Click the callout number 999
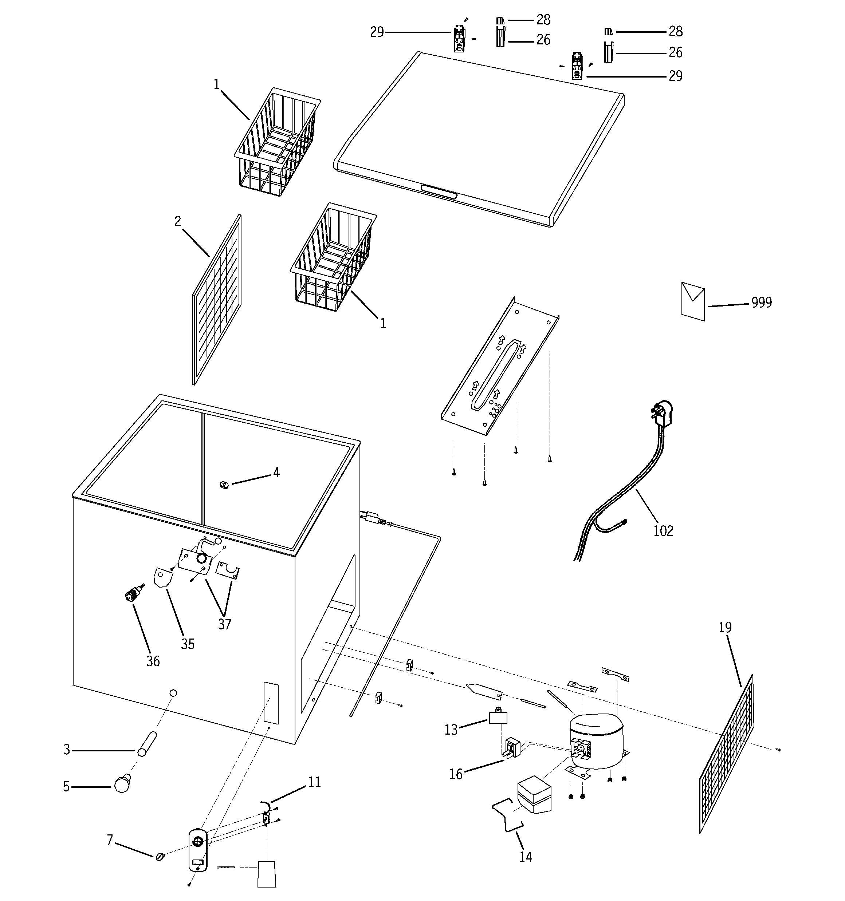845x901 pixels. coord(762,302)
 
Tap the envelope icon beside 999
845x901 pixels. coord(693,301)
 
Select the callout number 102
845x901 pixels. coord(663,531)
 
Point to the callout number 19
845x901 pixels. coord(725,627)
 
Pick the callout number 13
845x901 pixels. coord(451,729)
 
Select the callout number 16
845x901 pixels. coord(456,774)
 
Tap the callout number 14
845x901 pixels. coord(525,857)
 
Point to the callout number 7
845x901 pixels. coord(110,840)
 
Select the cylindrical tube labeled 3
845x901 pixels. coord(146,744)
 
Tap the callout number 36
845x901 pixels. coord(153,661)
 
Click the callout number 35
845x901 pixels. coord(188,644)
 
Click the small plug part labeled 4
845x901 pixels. coord(223,485)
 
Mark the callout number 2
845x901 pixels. coord(178,221)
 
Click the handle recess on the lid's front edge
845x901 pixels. coord(439,191)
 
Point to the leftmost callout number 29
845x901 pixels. coord(377,32)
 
